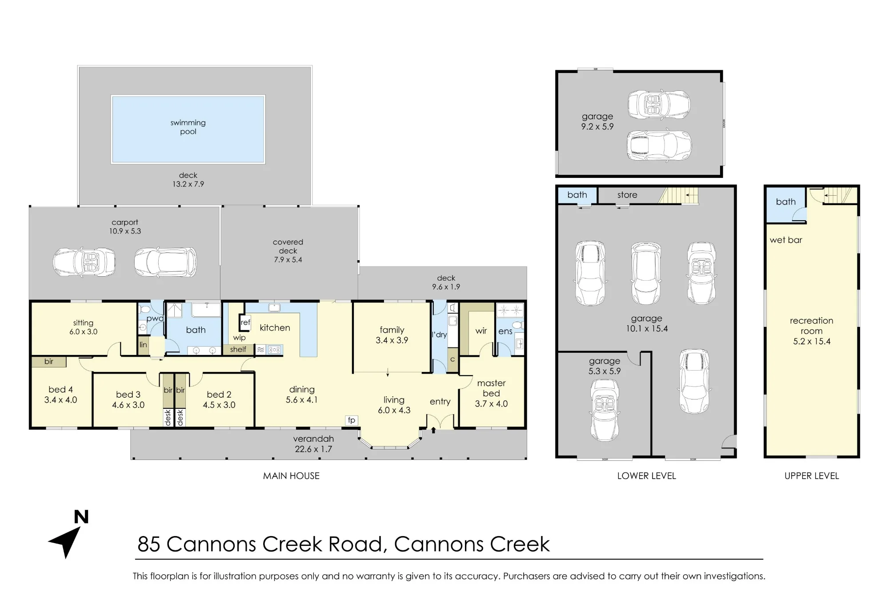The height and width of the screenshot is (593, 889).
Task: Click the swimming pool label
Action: click(x=188, y=127)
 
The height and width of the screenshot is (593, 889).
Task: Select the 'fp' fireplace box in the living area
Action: click(x=352, y=420)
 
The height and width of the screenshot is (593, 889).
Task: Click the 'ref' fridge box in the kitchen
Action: click(x=245, y=323)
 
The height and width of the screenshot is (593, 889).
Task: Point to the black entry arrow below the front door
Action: click(x=433, y=430)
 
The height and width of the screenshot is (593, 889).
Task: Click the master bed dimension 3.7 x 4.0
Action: click(x=491, y=404)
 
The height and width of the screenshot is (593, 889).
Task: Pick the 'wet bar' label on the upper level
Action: click(x=786, y=240)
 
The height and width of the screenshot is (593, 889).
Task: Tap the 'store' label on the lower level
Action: click(x=627, y=195)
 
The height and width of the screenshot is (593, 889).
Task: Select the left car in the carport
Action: click(x=84, y=262)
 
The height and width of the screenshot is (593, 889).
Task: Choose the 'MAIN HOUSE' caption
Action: click(x=291, y=476)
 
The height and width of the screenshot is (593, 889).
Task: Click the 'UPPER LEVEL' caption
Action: click(x=812, y=476)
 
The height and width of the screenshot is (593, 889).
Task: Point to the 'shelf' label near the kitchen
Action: click(x=238, y=350)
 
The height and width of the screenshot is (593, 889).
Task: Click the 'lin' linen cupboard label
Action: click(x=143, y=345)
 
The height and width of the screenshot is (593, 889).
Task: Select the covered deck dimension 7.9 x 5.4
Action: click(x=288, y=260)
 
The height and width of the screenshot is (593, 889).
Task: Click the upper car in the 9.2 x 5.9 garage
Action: click(x=659, y=104)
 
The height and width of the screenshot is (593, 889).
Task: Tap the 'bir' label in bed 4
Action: click(x=49, y=362)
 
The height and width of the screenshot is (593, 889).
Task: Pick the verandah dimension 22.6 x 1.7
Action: click(x=313, y=449)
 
